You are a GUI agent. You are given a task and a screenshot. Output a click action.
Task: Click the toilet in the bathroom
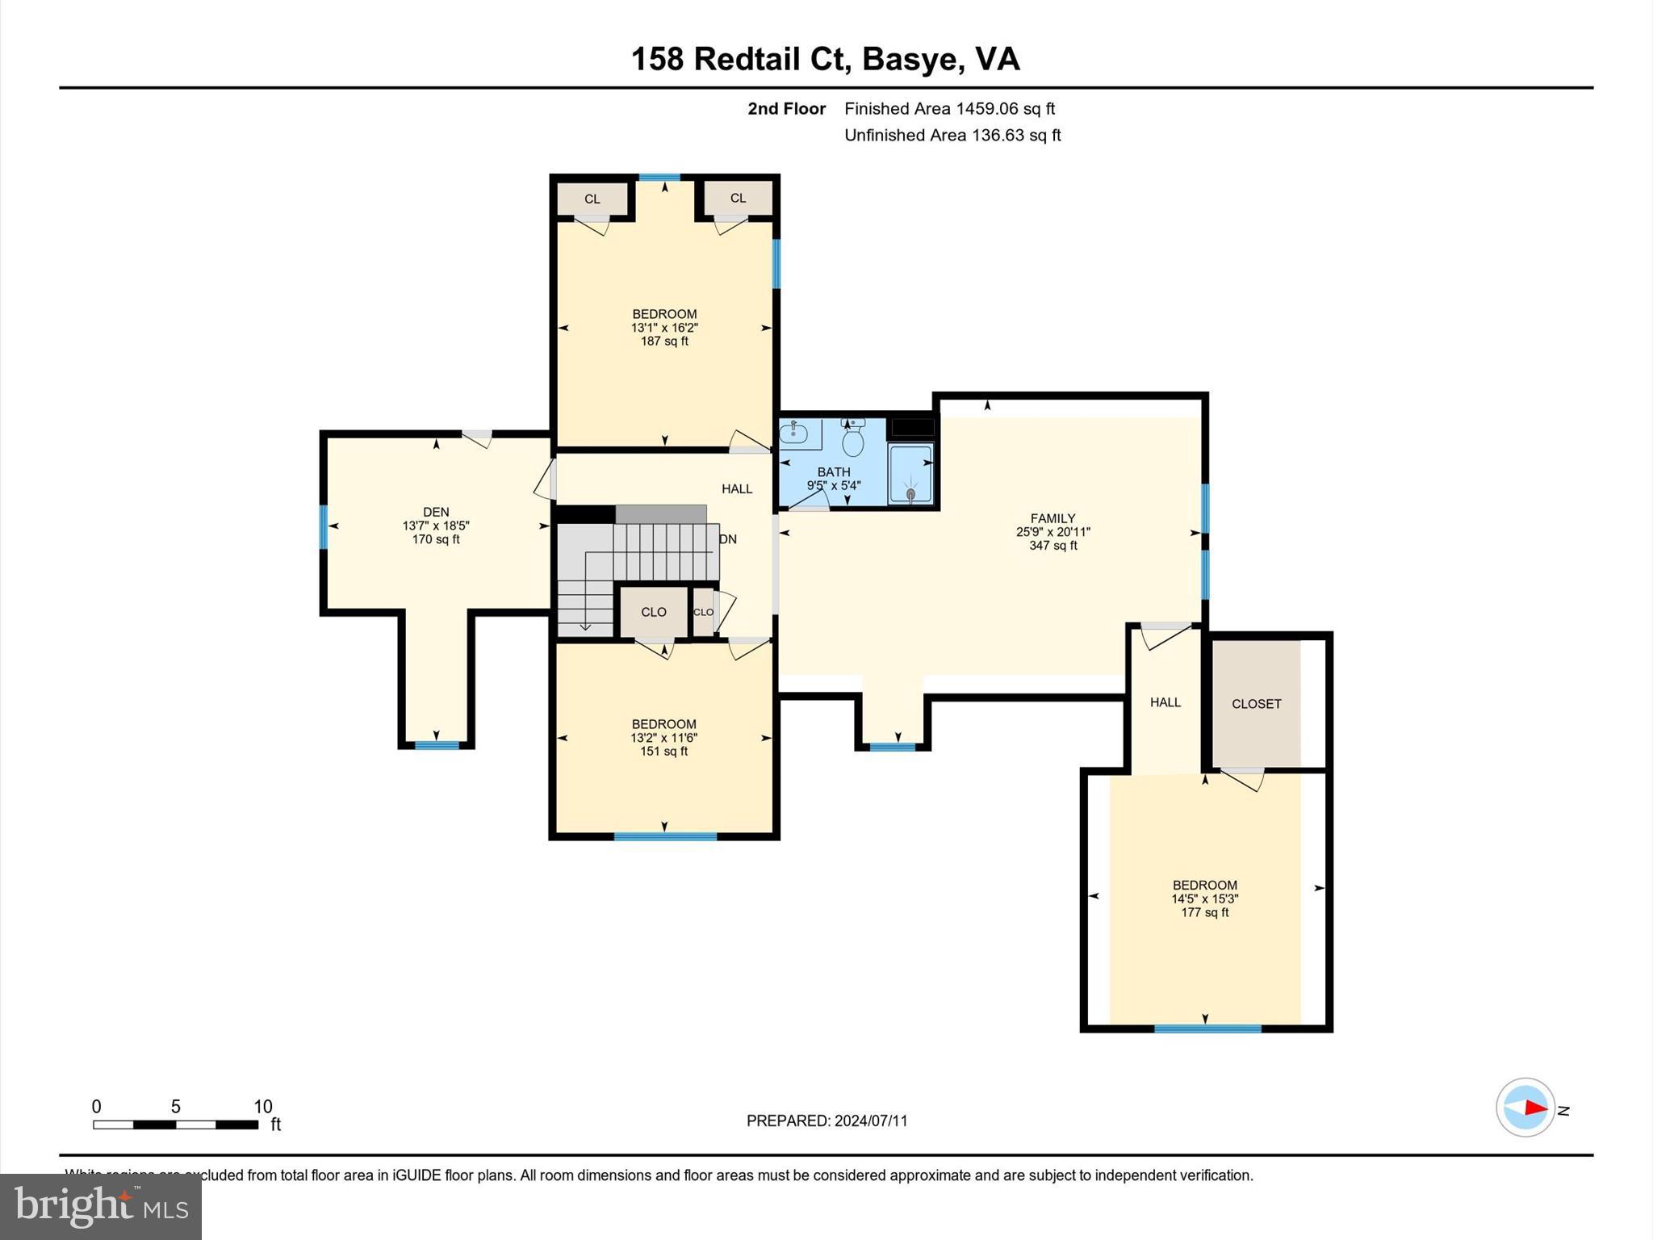(x=853, y=440)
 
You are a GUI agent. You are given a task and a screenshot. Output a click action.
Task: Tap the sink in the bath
(x=794, y=434)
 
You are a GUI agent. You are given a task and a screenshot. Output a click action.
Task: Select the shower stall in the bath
(x=910, y=474)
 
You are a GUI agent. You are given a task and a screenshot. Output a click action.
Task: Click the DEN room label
(x=436, y=512)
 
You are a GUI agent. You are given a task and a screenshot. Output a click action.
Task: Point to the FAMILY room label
(x=1052, y=518)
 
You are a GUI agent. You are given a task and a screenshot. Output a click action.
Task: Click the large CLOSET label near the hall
(x=1256, y=704)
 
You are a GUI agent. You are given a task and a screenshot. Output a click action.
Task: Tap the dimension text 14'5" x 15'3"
(x=1204, y=899)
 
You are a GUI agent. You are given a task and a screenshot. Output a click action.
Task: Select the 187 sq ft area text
(x=664, y=341)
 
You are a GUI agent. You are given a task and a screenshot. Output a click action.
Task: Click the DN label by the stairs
(x=728, y=539)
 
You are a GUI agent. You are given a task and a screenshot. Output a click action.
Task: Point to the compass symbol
(x=1525, y=1108)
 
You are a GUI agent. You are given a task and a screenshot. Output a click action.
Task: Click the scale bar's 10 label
(x=263, y=1107)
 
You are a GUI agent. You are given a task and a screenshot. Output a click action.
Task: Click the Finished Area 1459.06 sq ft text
(x=949, y=109)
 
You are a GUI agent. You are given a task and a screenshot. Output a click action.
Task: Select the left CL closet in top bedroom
(x=592, y=199)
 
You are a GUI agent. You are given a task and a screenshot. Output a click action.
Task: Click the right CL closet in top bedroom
(x=738, y=199)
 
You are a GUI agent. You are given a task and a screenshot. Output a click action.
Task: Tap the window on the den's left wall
(x=324, y=527)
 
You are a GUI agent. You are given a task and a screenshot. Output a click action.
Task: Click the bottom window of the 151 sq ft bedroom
(x=665, y=836)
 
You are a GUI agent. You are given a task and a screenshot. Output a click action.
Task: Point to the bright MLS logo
(x=101, y=1206)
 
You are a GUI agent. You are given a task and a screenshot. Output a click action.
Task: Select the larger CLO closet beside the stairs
(x=654, y=612)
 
